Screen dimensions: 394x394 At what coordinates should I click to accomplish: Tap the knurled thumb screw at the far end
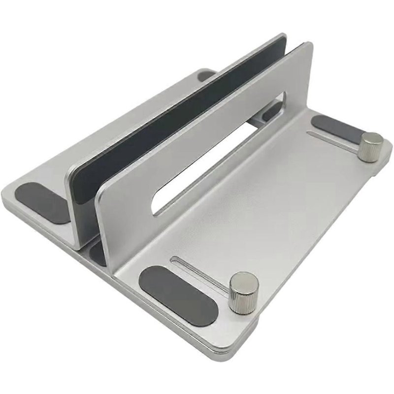click(x=370, y=146)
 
